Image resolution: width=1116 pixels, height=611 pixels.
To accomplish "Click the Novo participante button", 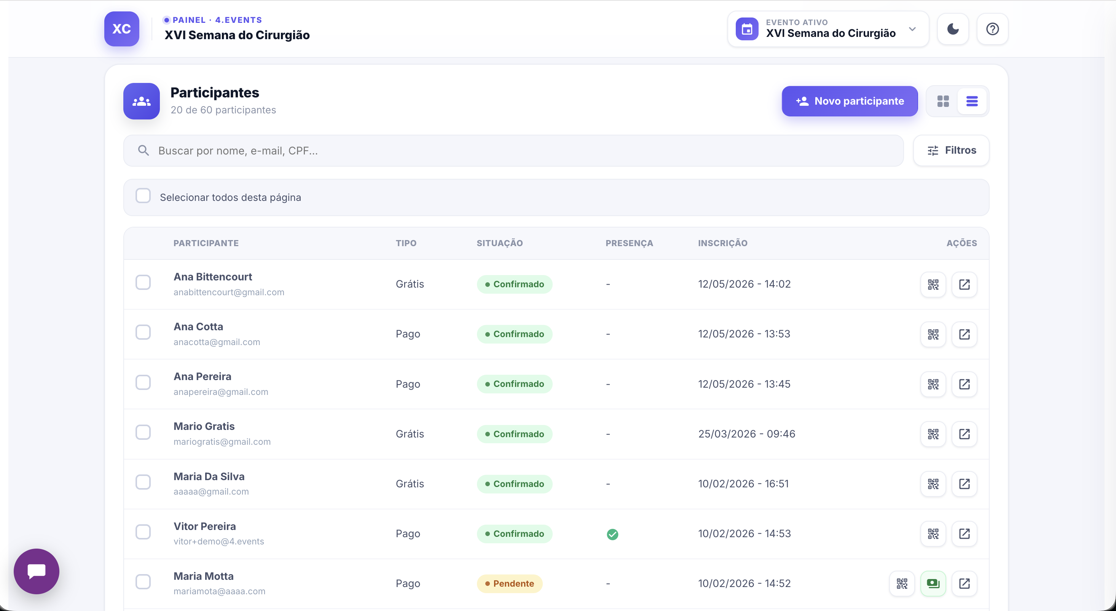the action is pos(850,101).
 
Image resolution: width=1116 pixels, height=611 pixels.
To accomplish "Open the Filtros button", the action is pos(951,151).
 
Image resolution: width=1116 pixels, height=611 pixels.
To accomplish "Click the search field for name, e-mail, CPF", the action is pos(513,151).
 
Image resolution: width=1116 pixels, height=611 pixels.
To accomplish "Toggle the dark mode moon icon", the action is pos(953,29).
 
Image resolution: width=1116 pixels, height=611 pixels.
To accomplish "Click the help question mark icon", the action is pos(993,29).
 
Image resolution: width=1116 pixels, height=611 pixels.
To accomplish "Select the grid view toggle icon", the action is pos(943,101).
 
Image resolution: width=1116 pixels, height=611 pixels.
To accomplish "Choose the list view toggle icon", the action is pos(972,101).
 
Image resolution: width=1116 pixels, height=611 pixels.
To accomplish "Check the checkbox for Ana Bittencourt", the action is pos(143,282).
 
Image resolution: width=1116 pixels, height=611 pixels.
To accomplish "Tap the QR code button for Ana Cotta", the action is pos(933,334).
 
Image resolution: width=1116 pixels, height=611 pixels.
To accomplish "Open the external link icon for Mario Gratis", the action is pos(965,434).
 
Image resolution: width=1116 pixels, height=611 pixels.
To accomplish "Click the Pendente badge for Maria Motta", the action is pos(510,584).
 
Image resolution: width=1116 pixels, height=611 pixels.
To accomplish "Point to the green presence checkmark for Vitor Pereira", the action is pos(612,535).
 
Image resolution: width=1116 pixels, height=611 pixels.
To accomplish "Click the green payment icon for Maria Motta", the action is pos(933,584).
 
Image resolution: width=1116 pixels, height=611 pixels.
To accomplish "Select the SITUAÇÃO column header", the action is pos(500,243).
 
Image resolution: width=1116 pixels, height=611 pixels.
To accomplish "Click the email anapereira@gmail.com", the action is pos(221,392).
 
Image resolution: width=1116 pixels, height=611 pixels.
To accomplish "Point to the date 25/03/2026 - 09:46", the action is pos(746,434).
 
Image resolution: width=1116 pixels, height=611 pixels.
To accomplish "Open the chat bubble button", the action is pos(37,571).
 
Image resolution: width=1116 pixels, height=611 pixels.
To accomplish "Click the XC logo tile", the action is pos(122,29).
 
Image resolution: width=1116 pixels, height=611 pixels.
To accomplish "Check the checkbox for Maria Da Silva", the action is pos(143,482).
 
